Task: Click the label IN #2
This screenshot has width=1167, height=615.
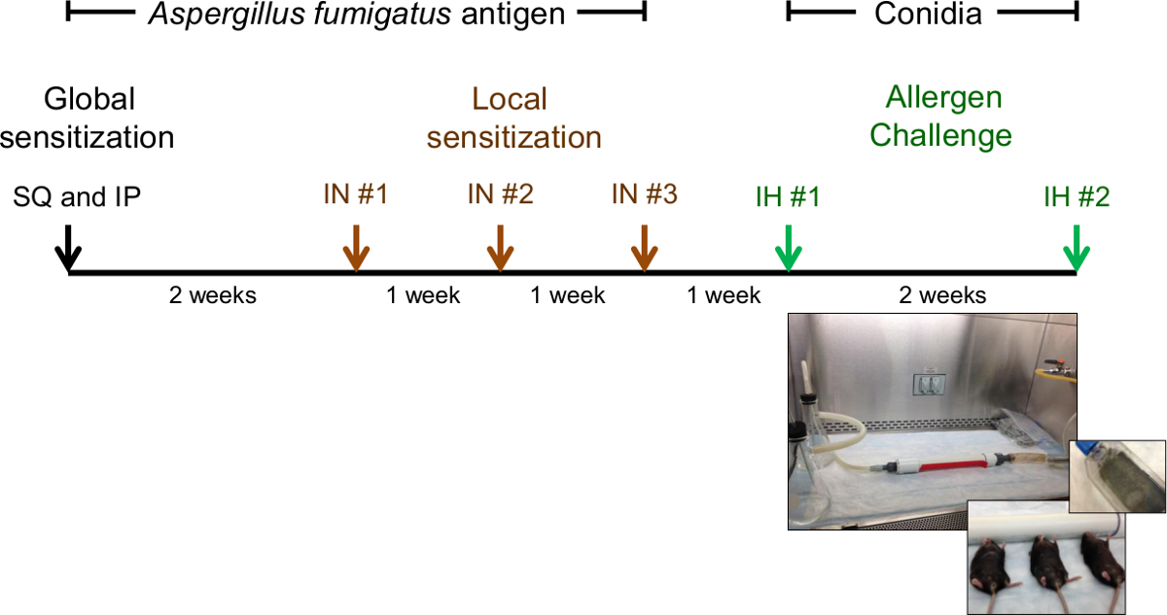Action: point(500,194)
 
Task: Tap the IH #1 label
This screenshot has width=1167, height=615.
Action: point(787,196)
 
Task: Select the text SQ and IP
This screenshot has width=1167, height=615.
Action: point(77,197)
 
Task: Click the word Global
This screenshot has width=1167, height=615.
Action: point(89,98)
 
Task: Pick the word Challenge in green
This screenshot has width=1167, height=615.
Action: point(940,135)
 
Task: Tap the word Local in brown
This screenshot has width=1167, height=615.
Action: point(510,98)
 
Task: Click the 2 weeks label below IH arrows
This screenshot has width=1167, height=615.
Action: point(943,294)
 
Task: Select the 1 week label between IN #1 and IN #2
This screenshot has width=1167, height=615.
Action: point(423,294)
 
